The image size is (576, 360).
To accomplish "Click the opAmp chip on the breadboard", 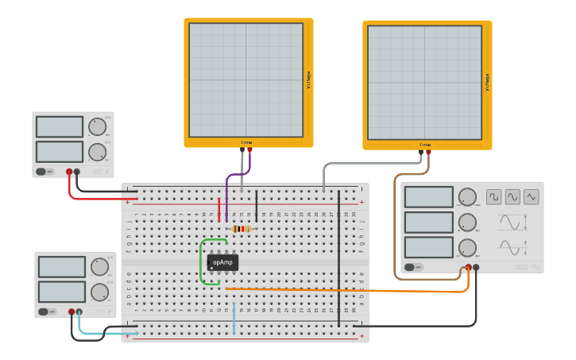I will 222,262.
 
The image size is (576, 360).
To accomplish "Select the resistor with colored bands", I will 241,229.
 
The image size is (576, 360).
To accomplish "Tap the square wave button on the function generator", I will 494,196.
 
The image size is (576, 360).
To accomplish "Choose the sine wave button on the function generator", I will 512,196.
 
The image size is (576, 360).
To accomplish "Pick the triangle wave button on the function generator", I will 531,196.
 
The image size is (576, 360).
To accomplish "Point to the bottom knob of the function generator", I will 468,247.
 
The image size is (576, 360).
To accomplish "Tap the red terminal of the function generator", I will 468,268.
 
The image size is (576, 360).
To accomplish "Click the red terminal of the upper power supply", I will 69,172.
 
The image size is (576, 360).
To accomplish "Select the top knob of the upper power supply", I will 97,126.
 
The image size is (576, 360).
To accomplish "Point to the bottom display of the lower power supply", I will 61,292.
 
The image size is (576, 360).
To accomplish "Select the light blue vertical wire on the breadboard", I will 234,316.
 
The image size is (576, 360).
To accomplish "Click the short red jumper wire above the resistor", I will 219,209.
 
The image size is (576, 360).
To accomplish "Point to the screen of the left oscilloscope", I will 245,80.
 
